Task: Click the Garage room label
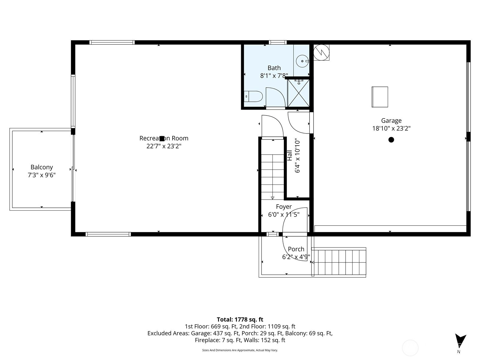click(x=391, y=120)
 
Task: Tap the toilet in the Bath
click(x=253, y=96)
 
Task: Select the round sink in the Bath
click(x=302, y=61)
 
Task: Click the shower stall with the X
click(x=298, y=93)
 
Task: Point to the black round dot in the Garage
click(x=391, y=140)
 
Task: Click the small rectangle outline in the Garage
click(x=380, y=97)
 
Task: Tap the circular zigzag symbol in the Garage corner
click(x=321, y=52)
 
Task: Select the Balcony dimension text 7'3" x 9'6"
click(x=41, y=175)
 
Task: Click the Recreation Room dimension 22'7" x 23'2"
click(x=164, y=146)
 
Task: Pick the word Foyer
click(x=283, y=207)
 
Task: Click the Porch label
click(x=296, y=249)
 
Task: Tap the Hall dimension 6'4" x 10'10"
click(x=297, y=155)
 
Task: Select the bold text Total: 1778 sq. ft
click(x=240, y=319)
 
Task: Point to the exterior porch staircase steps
click(x=339, y=262)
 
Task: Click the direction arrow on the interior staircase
click(x=272, y=198)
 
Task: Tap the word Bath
click(x=274, y=68)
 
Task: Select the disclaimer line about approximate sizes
click(x=240, y=350)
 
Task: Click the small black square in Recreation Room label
click(x=162, y=139)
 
